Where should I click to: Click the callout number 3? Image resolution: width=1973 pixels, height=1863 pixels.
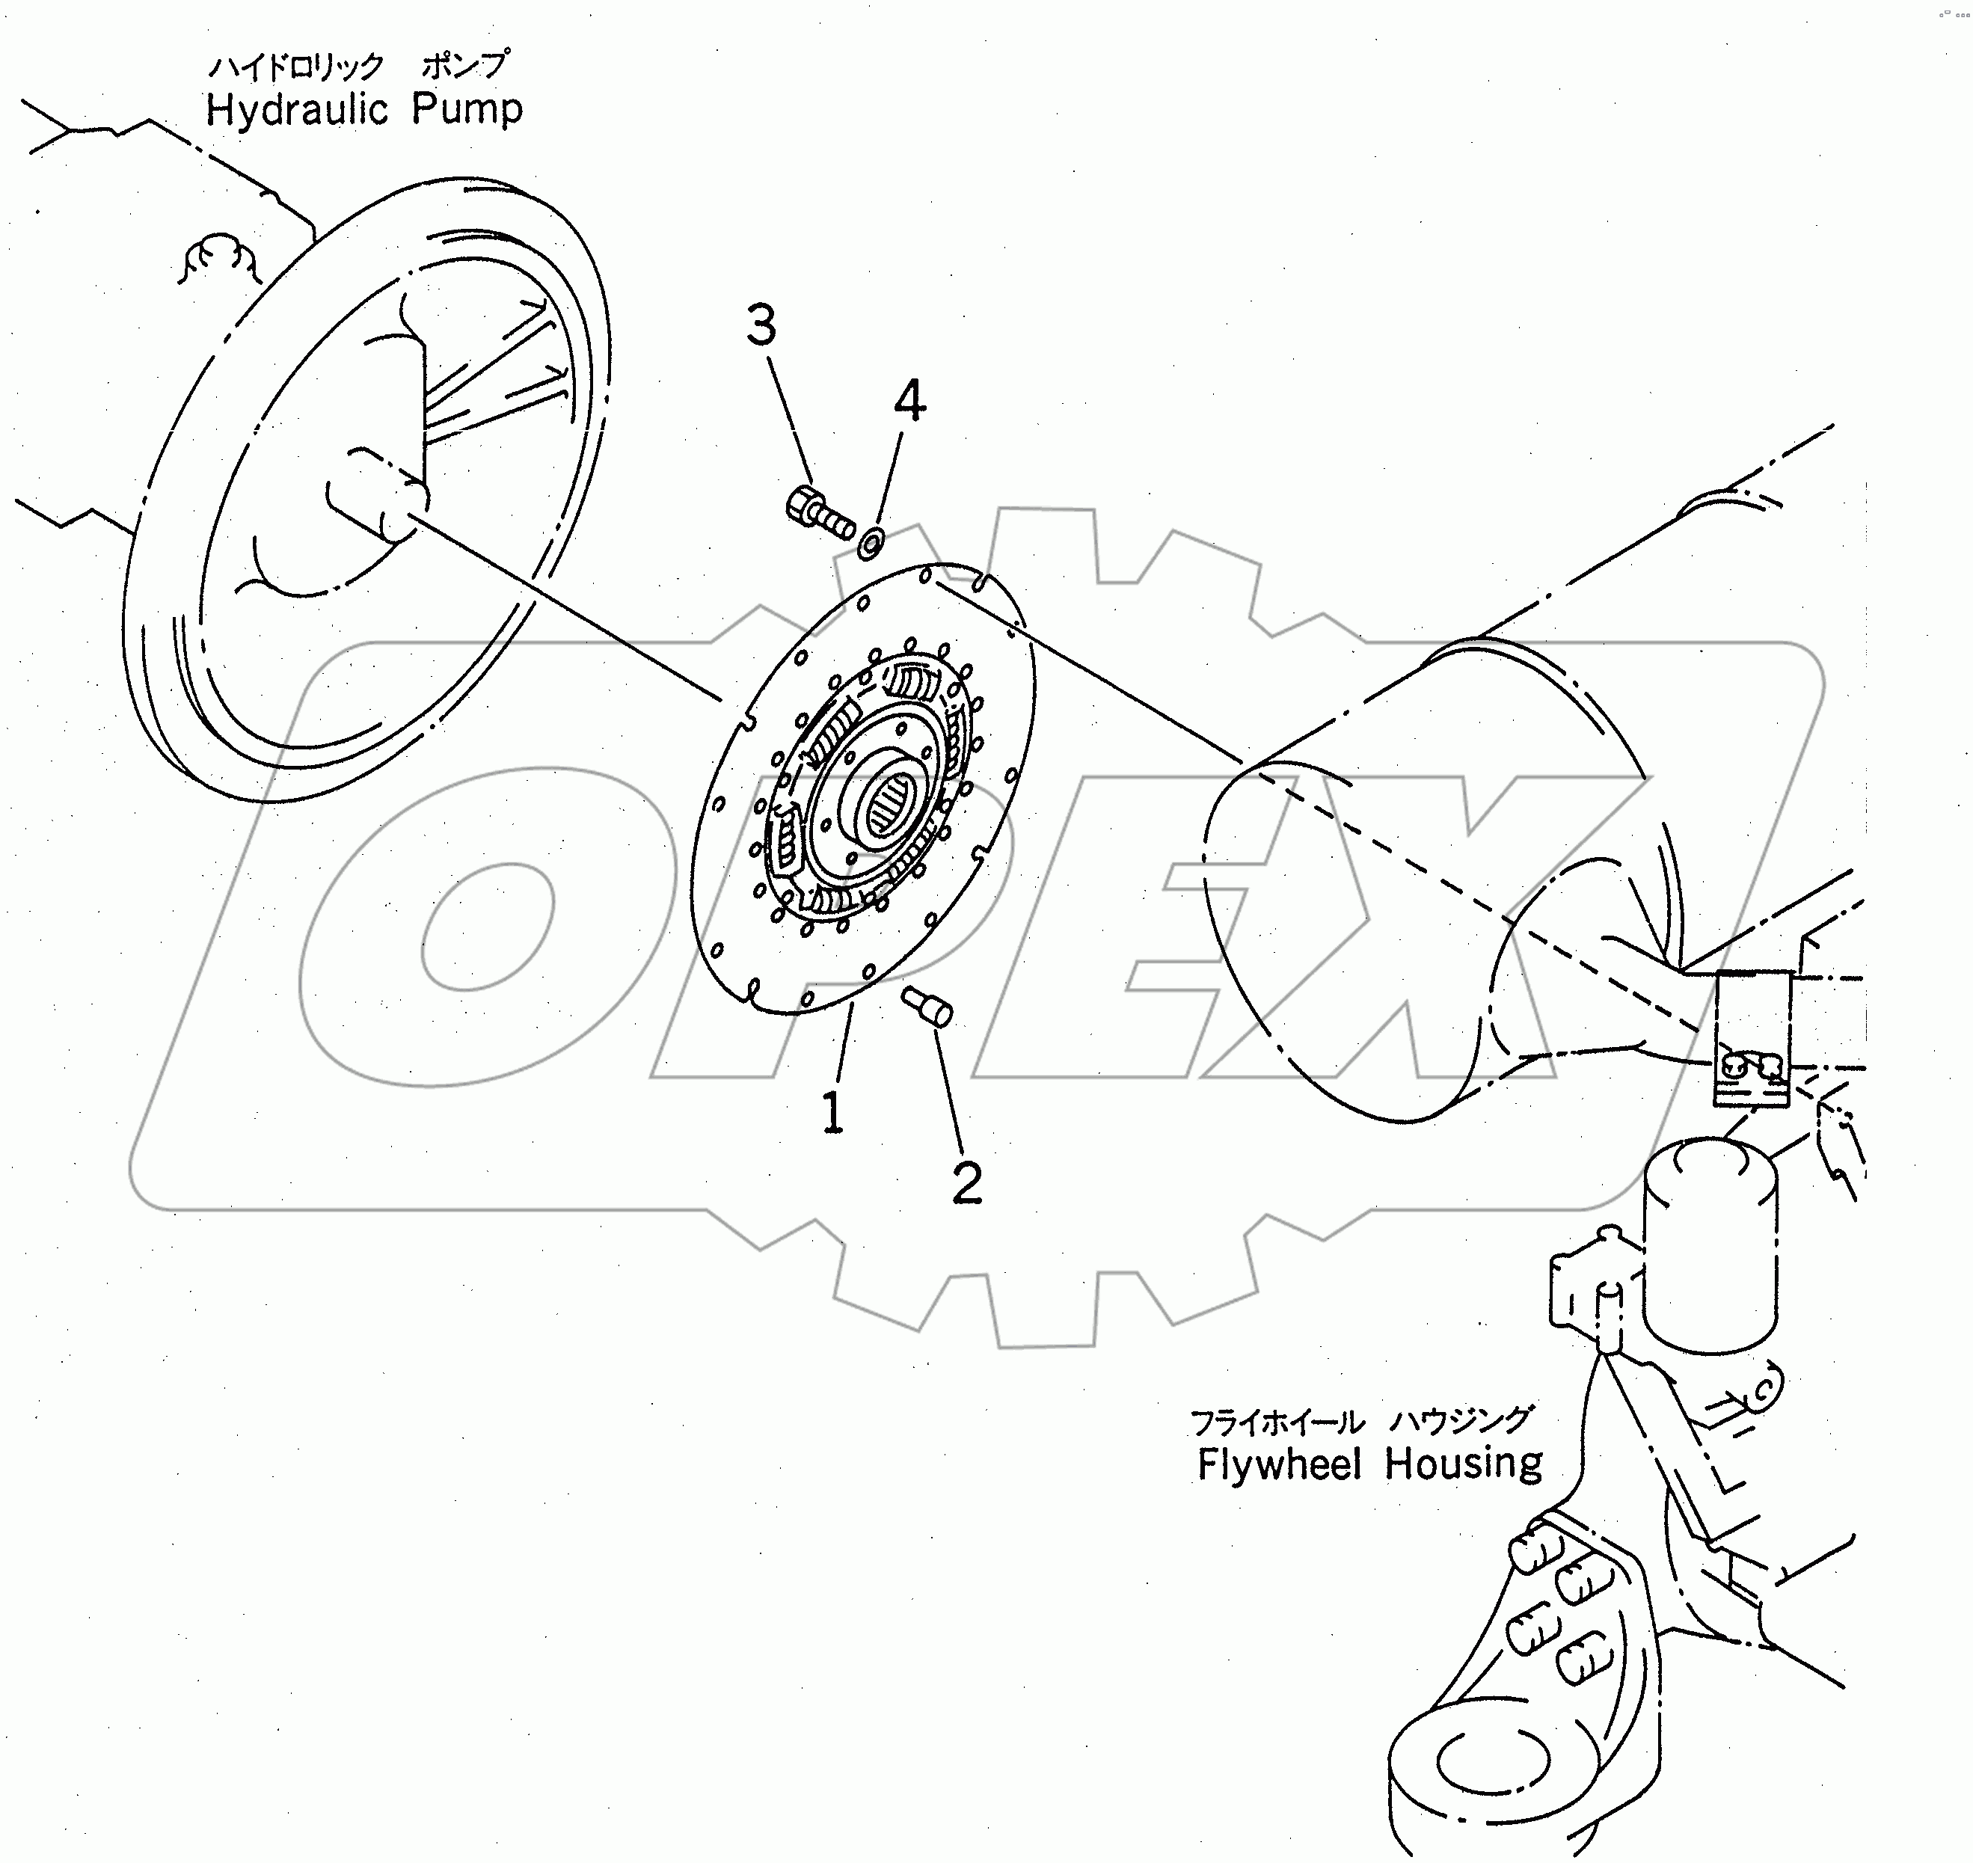coord(761,326)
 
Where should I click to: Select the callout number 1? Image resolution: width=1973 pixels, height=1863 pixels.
coord(832,1112)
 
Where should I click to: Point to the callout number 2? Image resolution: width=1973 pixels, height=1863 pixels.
coord(966,1182)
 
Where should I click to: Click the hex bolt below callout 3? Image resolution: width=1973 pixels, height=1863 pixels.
coord(818,511)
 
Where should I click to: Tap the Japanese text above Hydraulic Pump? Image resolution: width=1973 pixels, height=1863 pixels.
coord(358,66)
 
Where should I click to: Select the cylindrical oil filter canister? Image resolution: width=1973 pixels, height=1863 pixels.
coord(1709,1245)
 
